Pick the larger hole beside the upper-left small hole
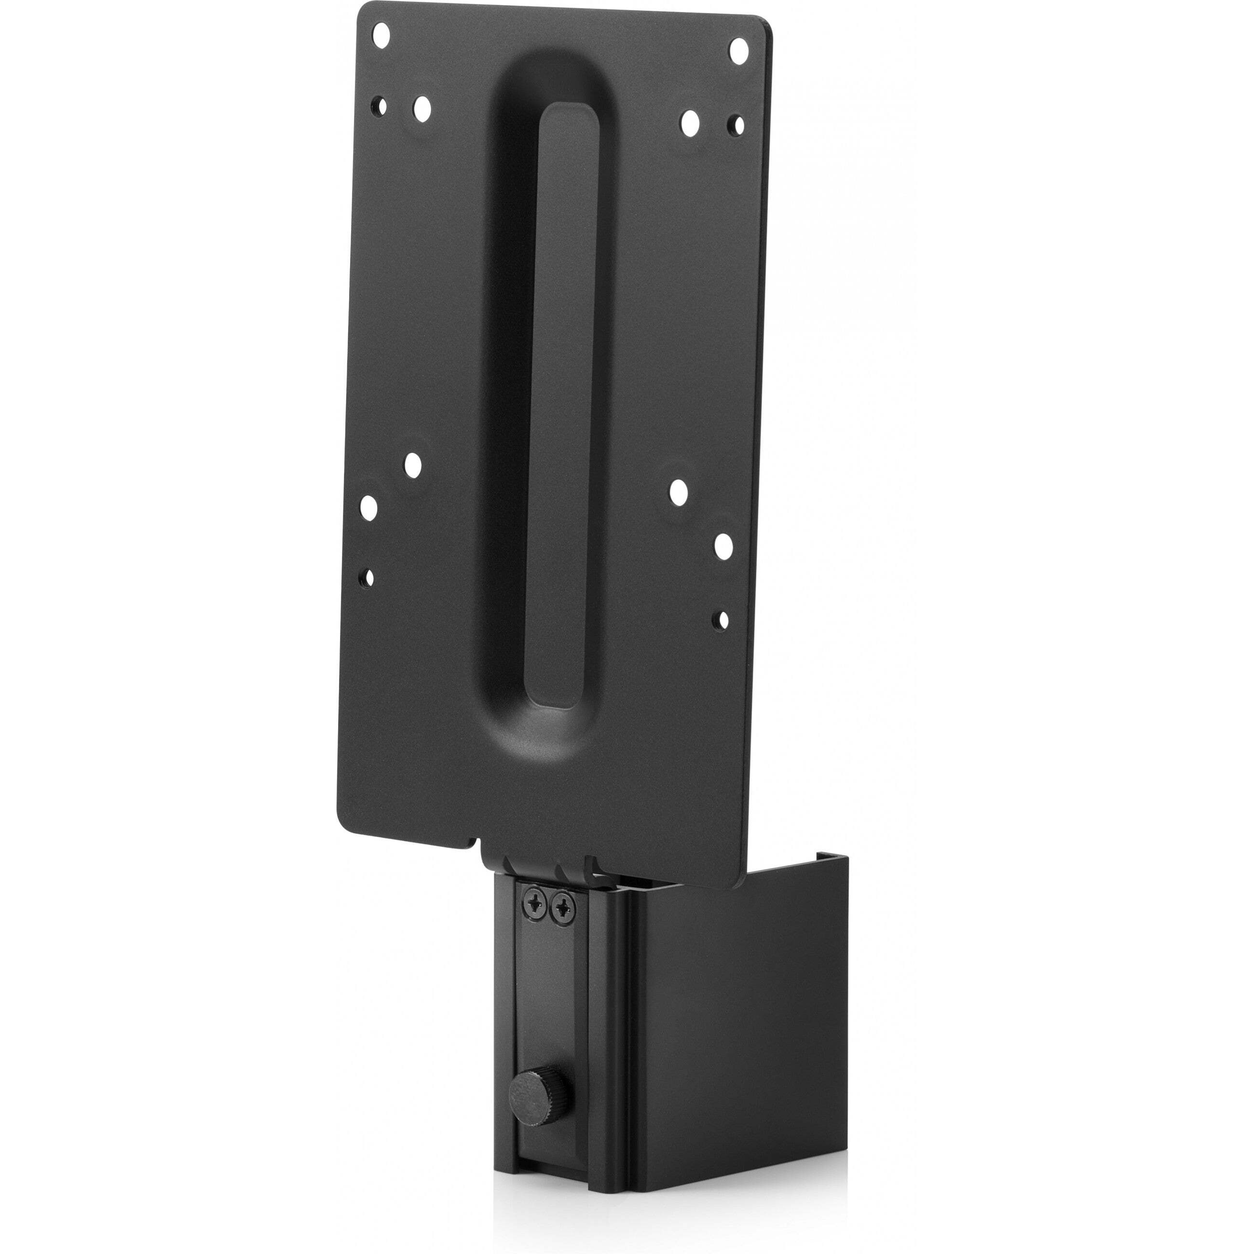422,109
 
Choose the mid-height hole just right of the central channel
679,493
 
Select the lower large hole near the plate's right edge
724,546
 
